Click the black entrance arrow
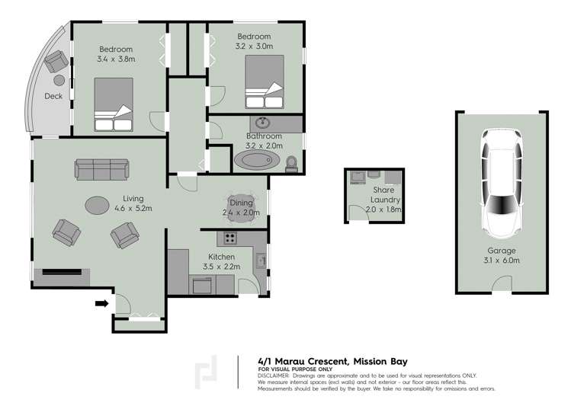click(x=100, y=305)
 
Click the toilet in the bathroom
click(x=291, y=163)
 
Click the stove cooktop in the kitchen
click(x=229, y=238)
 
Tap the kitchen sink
click(x=261, y=261)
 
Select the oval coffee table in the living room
click(x=98, y=205)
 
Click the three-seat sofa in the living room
click(x=101, y=169)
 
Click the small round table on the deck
click(x=59, y=80)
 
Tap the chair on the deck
click(x=54, y=60)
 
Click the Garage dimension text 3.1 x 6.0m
click(x=502, y=261)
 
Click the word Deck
click(x=53, y=96)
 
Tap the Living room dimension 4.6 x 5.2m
click(x=133, y=208)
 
